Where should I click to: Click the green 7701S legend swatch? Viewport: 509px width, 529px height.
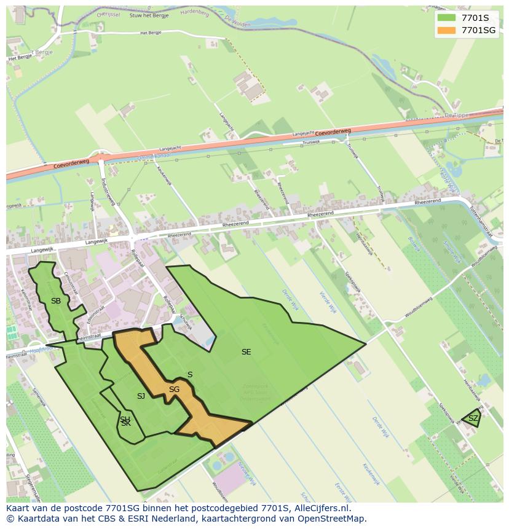click(446, 18)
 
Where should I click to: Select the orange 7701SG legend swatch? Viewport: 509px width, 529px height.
click(446, 30)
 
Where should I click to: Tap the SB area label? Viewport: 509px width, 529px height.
click(56, 301)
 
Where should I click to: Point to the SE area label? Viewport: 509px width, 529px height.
click(246, 352)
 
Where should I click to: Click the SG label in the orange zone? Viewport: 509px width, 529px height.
click(174, 390)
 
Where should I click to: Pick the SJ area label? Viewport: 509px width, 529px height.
click(141, 396)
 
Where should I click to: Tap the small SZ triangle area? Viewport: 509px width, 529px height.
click(473, 418)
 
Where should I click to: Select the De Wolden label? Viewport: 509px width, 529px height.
click(237, 22)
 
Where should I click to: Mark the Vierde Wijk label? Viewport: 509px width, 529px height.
click(328, 302)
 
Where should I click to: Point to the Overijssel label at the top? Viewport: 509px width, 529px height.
click(109, 12)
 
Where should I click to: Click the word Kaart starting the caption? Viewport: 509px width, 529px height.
click(18, 509)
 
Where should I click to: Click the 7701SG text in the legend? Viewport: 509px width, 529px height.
click(478, 30)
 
